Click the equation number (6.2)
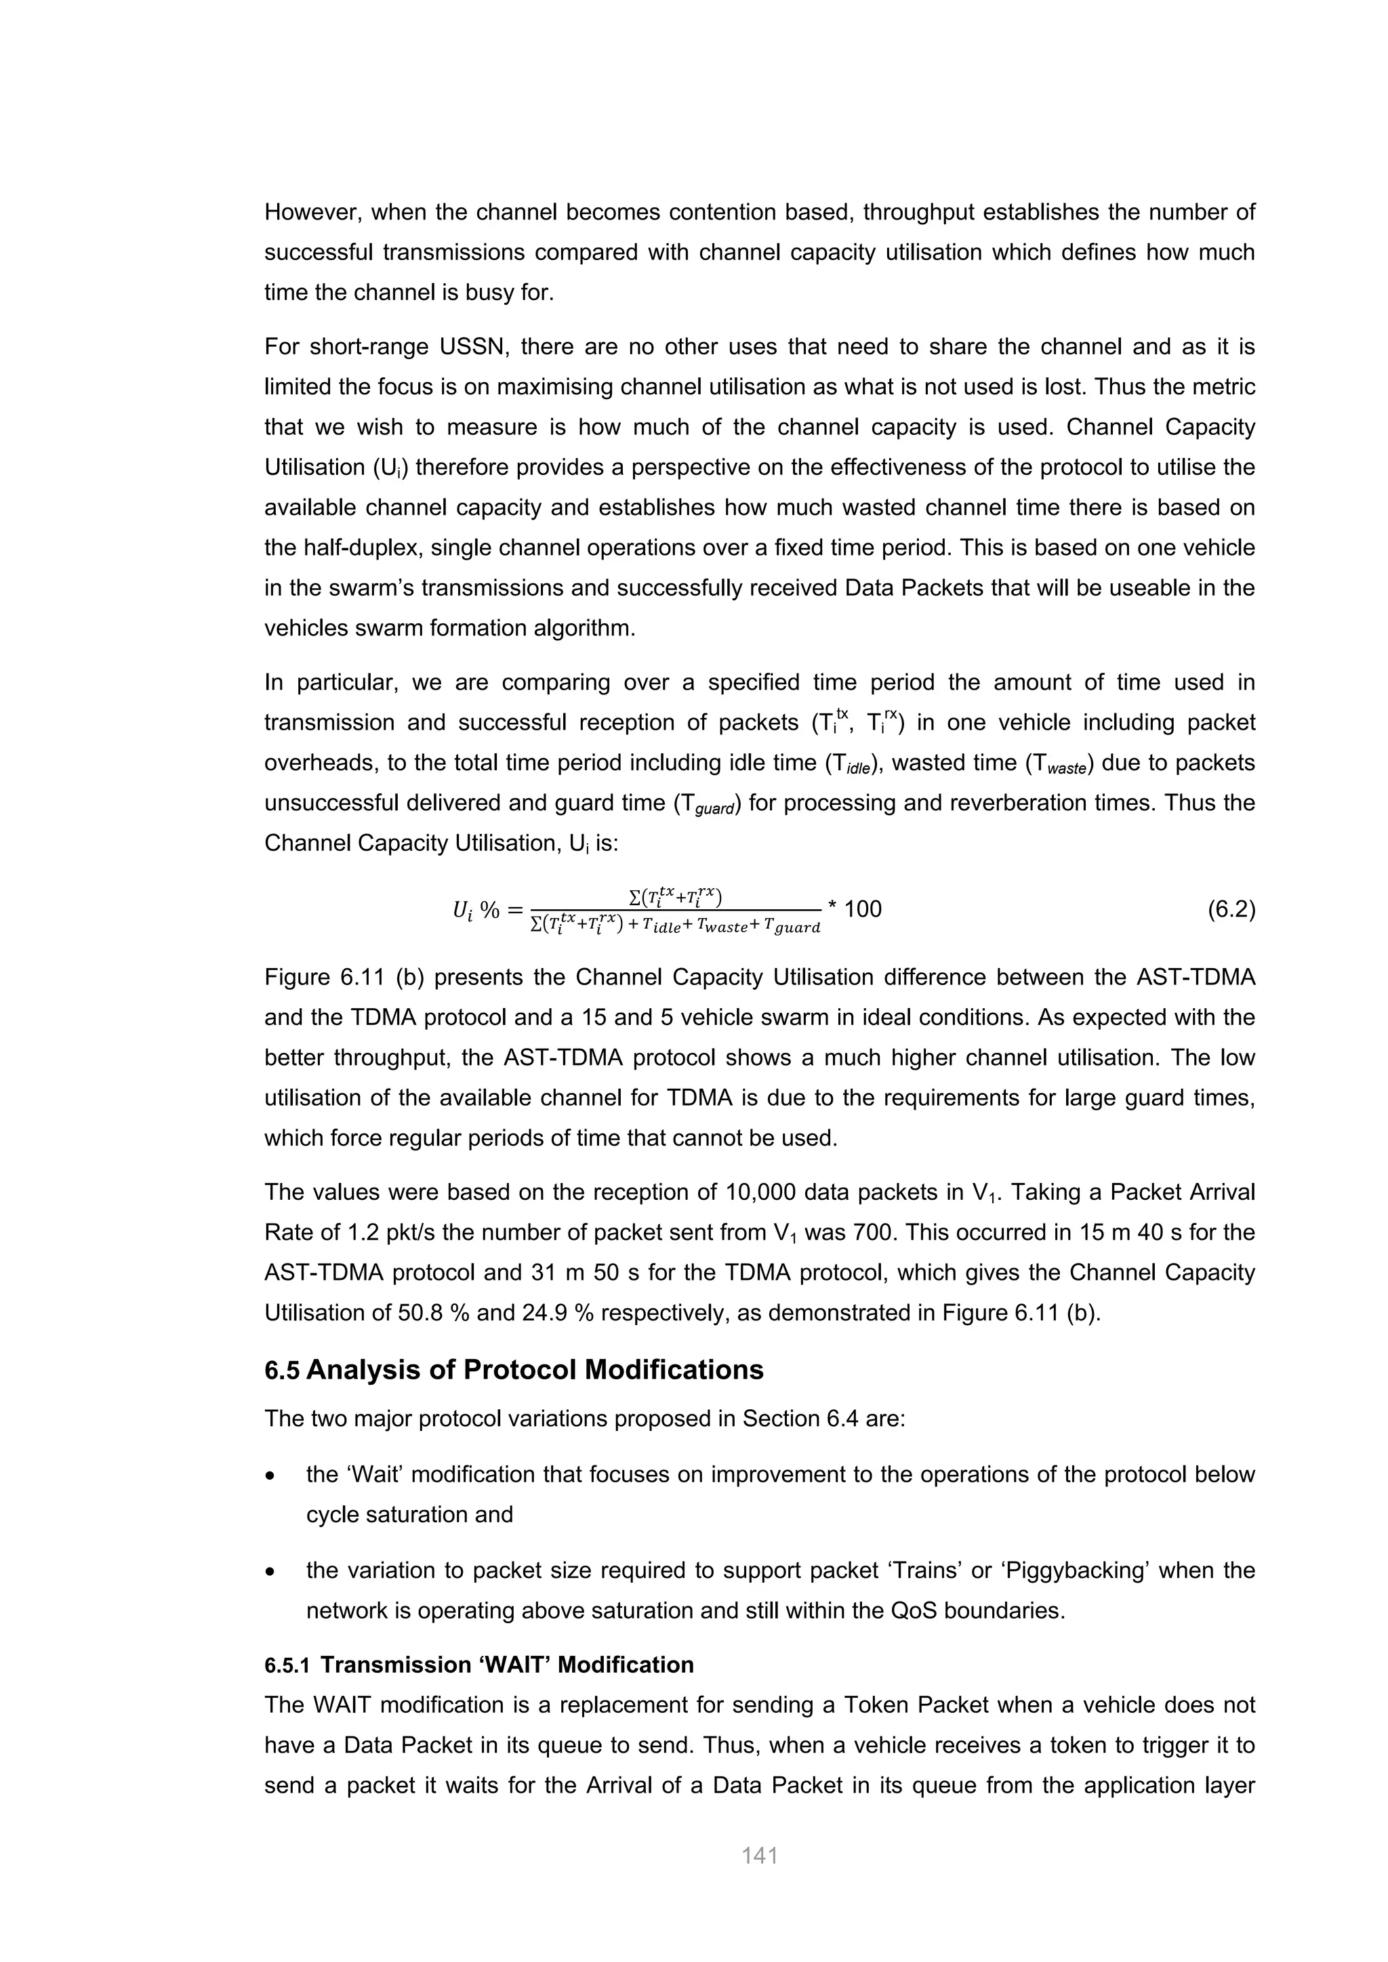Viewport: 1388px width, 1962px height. (1231, 909)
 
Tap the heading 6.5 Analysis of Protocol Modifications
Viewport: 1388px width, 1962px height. (514, 1370)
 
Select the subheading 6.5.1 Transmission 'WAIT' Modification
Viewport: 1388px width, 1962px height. (478, 1665)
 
